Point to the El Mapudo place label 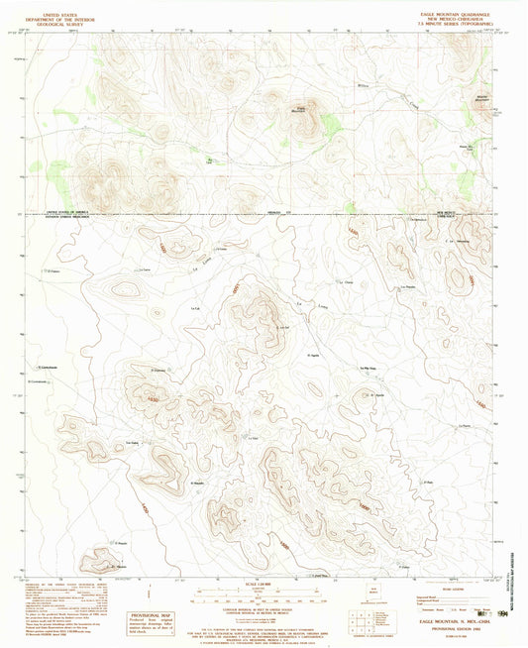pyautogui.click(x=197, y=483)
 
